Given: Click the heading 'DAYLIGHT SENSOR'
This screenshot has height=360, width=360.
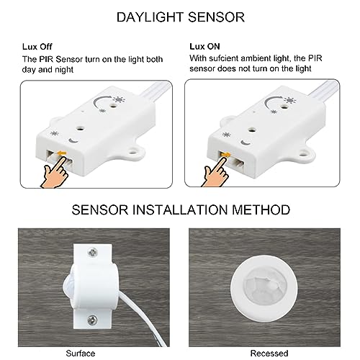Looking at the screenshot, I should click(180, 16).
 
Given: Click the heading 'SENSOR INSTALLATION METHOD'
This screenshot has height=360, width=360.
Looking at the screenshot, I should click(180, 210).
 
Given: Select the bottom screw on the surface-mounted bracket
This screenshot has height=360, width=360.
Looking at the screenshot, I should click(92, 316).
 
